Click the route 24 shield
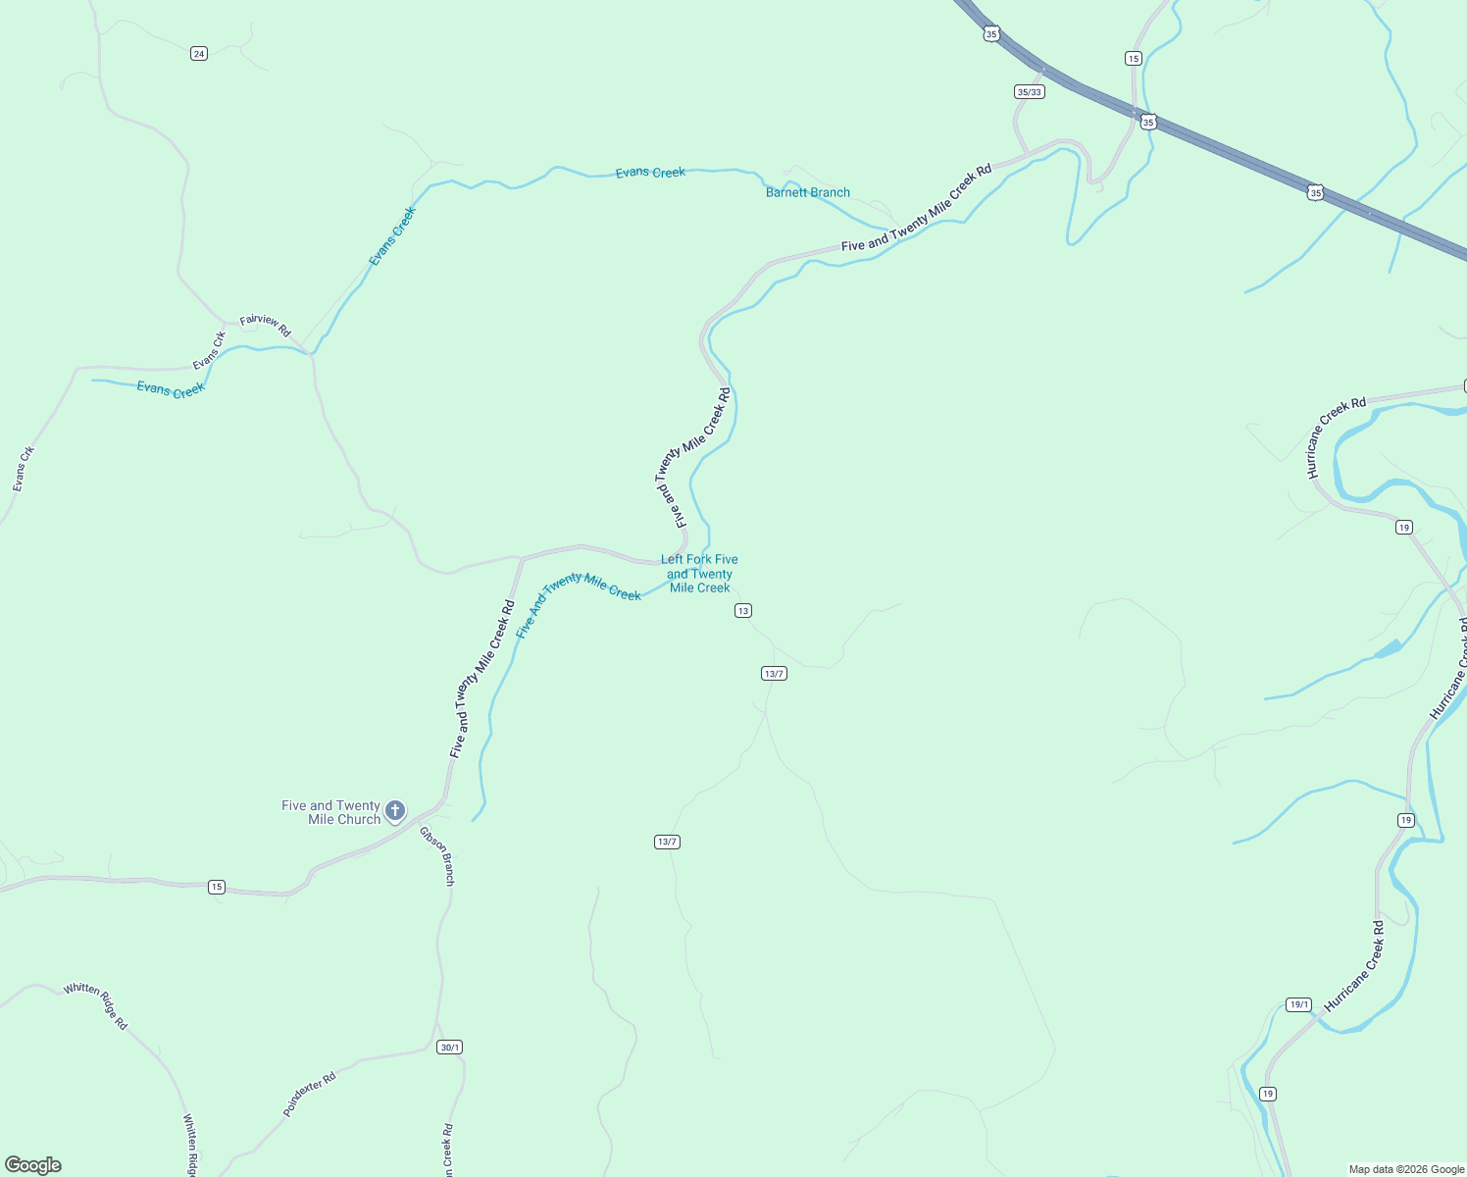coord(199,54)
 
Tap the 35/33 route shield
coord(1029,92)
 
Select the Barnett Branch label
coord(807,192)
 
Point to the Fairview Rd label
coord(266,326)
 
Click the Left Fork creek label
coord(699,574)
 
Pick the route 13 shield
coord(743,611)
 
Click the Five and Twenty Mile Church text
coord(331,812)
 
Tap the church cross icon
coord(394,810)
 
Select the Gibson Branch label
coord(437,856)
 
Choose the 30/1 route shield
coord(449,1048)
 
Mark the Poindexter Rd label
coord(309,1094)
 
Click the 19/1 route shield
coord(1299,1004)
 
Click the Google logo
coord(33,1165)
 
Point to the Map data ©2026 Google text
coord(1406,1169)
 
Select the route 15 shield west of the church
coord(217,888)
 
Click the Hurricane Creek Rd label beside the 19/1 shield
coord(1354,966)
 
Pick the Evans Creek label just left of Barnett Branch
coord(650,173)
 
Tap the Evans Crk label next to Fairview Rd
coord(209,350)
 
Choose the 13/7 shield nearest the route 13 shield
coord(774,674)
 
